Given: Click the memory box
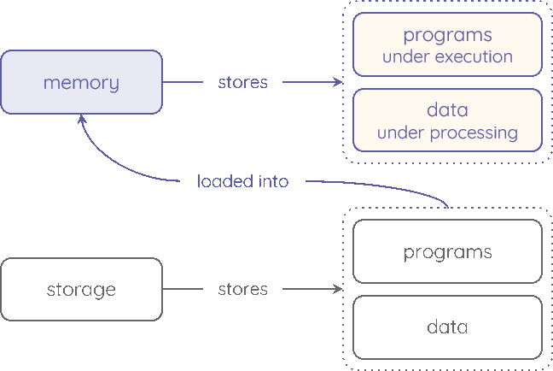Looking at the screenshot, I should click(81, 82).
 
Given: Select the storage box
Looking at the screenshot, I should click(81, 289).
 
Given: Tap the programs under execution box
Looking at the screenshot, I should click(447, 44).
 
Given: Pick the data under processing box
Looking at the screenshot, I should click(447, 121).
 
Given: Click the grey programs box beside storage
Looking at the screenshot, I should click(447, 251).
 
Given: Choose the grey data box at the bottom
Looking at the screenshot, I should click(447, 327).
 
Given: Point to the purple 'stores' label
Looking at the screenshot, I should click(242, 82).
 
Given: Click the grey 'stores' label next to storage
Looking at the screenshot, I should click(242, 289).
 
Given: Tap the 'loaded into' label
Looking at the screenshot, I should click(242, 181).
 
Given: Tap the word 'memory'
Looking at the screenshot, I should click(81, 83).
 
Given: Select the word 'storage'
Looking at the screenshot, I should click(81, 290).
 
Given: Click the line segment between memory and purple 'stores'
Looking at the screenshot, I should click(183, 82).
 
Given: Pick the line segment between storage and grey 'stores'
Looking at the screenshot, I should click(183, 289).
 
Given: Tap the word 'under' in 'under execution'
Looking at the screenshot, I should click(404, 57).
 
